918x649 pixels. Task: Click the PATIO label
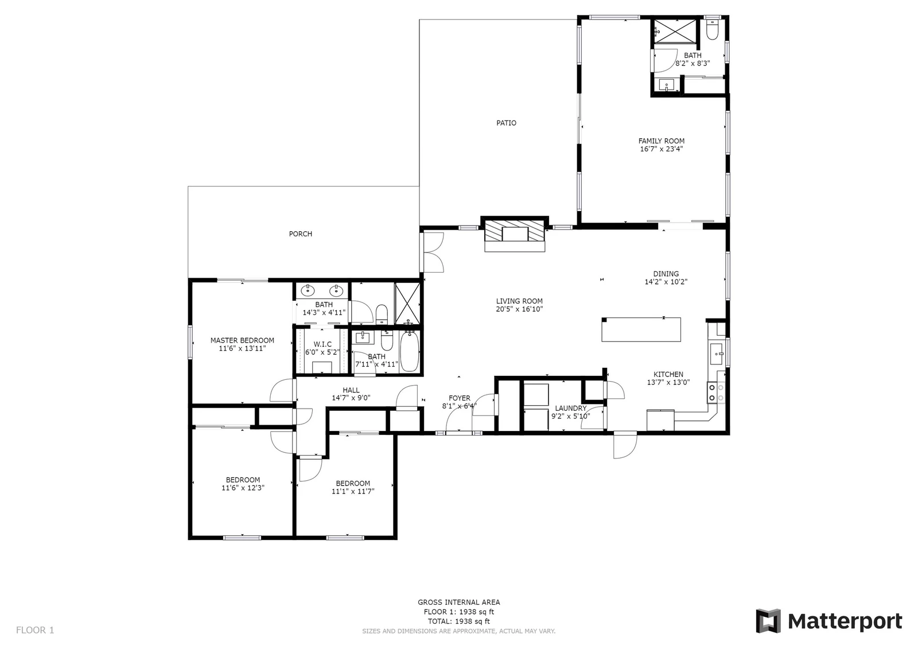click(x=506, y=123)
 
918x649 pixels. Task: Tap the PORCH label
click(x=301, y=234)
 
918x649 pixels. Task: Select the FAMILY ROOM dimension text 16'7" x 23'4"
click(x=662, y=149)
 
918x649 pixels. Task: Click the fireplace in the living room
click(x=515, y=235)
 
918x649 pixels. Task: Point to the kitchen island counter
click(x=641, y=329)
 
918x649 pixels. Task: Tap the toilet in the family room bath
click(x=712, y=30)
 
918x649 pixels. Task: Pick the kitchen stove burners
click(x=716, y=392)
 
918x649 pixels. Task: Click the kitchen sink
click(x=717, y=354)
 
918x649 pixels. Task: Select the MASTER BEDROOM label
click(x=242, y=340)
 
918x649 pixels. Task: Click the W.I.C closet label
click(x=322, y=344)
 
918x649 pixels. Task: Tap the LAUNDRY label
click(x=570, y=409)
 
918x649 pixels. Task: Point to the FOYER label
click(x=460, y=398)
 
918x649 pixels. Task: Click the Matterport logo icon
click(x=768, y=621)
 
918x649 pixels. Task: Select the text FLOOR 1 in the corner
click(x=35, y=630)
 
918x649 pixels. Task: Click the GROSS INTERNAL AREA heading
click(x=458, y=603)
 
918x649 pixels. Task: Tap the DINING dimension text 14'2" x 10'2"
click(x=666, y=282)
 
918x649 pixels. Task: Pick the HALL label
click(x=351, y=390)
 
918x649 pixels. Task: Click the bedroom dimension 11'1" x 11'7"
click(x=353, y=491)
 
